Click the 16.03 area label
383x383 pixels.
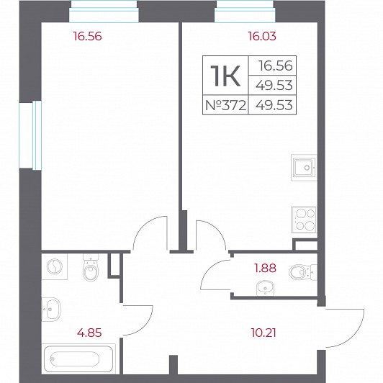coord(262,36)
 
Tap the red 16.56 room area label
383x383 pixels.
coord(87,36)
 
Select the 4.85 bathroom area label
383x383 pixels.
coord(89,333)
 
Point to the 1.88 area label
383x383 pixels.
coord(265,268)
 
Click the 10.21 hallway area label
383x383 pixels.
coord(263,333)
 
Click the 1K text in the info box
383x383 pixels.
coord(225,76)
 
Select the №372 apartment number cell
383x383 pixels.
coord(225,105)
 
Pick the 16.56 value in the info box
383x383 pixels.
coord(276,66)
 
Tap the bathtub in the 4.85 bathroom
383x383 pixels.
coord(78,359)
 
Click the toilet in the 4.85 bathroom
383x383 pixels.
coord(91,268)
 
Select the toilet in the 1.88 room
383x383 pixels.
coord(303,271)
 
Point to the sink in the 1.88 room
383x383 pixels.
coord(265,288)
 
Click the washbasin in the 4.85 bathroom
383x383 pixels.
coord(51,310)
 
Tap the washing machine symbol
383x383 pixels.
coord(55,266)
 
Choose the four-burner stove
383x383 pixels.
coord(304,220)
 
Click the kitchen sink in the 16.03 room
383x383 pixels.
coord(304,168)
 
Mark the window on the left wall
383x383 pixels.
coord(30,135)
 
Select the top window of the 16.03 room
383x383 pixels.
coord(245,12)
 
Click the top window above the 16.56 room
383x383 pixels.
coord(104,12)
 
